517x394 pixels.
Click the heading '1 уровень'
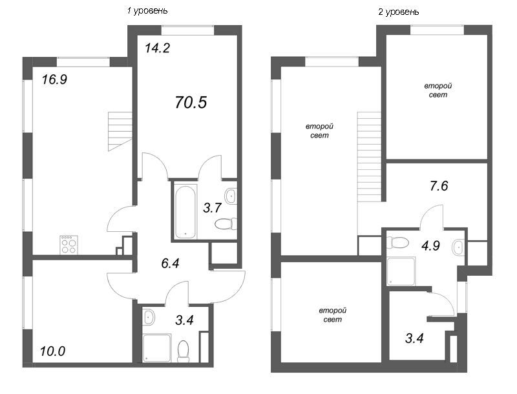point(149,11)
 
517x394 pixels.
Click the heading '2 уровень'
point(398,12)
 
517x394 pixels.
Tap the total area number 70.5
point(191,101)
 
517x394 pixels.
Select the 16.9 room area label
point(55,80)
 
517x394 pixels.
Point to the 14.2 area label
point(157,47)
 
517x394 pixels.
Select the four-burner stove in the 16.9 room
point(69,245)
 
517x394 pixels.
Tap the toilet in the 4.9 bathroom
point(397,243)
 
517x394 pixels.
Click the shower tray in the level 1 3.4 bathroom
point(156,348)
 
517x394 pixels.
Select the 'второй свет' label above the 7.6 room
point(438,90)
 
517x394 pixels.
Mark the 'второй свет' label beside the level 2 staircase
point(319,131)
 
